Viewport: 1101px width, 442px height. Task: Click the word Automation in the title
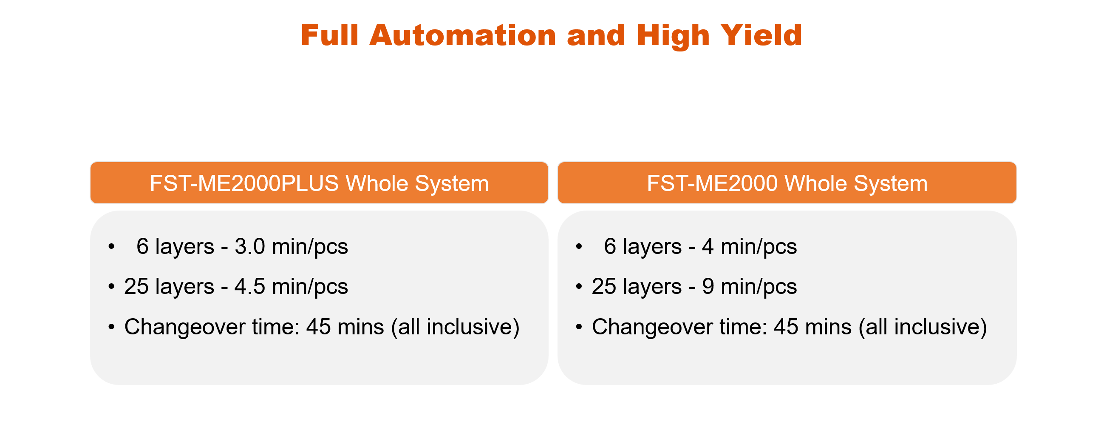coord(463,35)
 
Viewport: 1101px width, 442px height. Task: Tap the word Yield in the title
coord(761,35)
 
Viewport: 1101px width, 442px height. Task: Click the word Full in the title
coord(329,35)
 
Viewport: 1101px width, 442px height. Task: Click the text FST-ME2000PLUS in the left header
coord(244,183)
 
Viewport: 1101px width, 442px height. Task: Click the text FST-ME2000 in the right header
coord(712,183)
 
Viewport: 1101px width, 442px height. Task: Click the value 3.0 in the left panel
coord(250,246)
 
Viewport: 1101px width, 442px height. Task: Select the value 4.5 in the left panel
coord(250,286)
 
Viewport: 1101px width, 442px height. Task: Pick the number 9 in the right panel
coord(708,286)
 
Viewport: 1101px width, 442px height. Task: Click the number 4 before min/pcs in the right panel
coord(708,246)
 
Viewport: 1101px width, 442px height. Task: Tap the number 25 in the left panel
coord(136,286)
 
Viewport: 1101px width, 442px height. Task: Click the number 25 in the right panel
coord(604,286)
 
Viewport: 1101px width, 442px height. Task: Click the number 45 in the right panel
coord(786,327)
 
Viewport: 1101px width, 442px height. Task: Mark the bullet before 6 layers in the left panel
coord(112,246)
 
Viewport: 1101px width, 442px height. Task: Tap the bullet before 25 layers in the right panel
coord(579,286)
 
